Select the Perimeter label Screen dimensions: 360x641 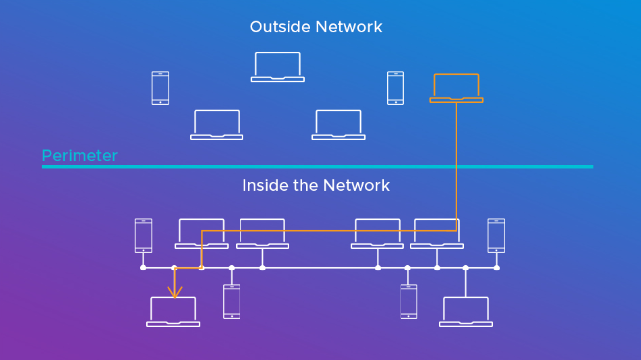(80, 156)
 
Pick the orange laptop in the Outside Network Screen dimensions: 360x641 (456, 89)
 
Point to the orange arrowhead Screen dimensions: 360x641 (174, 293)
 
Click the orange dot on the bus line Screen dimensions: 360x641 (202, 268)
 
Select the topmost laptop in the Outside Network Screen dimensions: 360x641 (277, 66)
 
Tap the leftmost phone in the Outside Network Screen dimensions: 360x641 (160, 88)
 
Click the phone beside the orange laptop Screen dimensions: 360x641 (395, 88)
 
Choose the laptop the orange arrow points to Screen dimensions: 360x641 (174, 312)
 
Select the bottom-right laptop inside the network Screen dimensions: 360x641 (465, 312)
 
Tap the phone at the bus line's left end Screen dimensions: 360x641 (143, 236)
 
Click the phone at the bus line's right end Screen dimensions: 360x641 (496, 236)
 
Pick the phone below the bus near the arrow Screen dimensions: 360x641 (232, 301)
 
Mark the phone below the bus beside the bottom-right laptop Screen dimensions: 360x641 (408, 301)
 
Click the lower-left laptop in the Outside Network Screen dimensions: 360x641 (217, 124)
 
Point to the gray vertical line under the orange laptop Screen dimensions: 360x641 (457, 159)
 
